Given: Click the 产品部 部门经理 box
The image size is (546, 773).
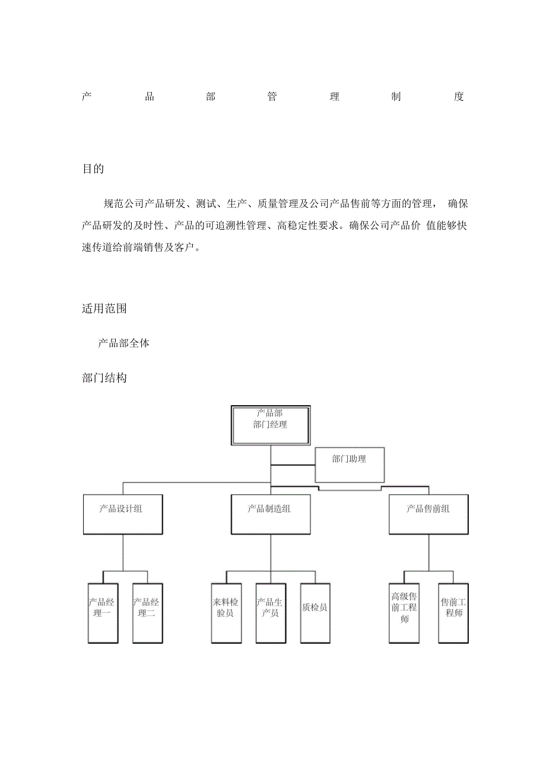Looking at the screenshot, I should (x=270, y=425).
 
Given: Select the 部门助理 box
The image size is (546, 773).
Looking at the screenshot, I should (x=349, y=465).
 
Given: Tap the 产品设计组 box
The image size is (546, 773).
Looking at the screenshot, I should (x=123, y=514).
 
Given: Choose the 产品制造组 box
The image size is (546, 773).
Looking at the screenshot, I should (x=270, y=514).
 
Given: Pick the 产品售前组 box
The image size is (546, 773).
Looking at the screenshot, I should (x=428, y=514).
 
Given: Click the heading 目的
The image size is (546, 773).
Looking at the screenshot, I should (x=93, y=169).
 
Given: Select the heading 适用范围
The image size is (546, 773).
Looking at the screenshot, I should (x=104, y=308).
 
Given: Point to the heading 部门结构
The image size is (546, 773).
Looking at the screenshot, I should (x=104, y=378).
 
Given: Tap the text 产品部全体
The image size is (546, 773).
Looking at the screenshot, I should (x=123, y=343).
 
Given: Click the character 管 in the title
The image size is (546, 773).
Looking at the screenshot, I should (x=272, y=97).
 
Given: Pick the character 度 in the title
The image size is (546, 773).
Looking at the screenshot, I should (x=458, y=97).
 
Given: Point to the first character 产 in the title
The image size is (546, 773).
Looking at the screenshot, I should (x=87, y=97).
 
